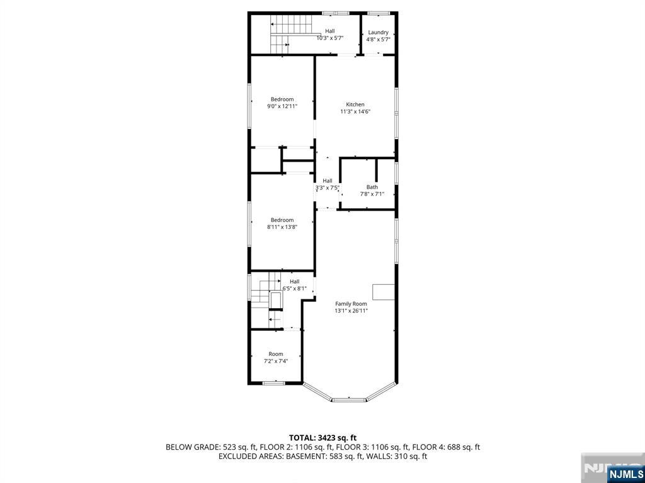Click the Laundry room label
[378, 33]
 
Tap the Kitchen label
[355, 104]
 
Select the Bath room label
[372, 187]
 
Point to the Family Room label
[351, 304]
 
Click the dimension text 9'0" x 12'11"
[282, 106]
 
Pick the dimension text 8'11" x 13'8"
[282, 226]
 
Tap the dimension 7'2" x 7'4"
[276, 361]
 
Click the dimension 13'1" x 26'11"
[351, 311]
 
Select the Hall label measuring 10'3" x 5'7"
[330, 31]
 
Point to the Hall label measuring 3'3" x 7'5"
[328, 180]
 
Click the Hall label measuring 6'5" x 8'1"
[295, 281]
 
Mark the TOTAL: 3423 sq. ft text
[322, 438]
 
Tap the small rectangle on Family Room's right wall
[384, 292]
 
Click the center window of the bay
[349, 399]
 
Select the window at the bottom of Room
[273, 383]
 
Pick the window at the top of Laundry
[375, 13]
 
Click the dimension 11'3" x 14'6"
[355, 111]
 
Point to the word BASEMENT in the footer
[309, 457]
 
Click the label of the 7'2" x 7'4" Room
[276, 354]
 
